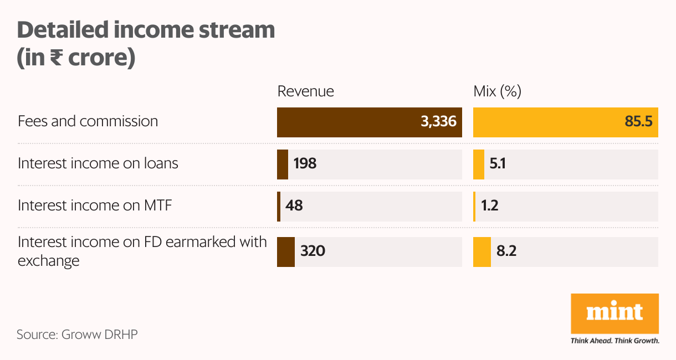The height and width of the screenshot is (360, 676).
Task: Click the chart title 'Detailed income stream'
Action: click(x=146, y=30)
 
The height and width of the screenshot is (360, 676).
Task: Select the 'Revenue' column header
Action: click(x=305, y=91)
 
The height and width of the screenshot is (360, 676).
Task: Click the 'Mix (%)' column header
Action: click(x=497, y=91)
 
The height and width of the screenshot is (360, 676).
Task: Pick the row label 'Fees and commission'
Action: click(x=88, y=121)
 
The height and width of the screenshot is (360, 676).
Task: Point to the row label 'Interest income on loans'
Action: click(x=98, y=163)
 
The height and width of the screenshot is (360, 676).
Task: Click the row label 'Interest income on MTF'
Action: click(x=95, y=205)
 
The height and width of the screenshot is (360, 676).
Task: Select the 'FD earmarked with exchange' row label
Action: click(x=142, y=251)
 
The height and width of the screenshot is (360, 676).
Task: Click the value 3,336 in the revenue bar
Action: click(x=438, y=122)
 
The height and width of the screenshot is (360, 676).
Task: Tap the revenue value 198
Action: click(x=305, y=164)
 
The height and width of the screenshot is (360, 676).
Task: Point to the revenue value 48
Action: click(x=294, y=206)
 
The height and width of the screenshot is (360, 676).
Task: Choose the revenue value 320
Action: click(x=313, y=251)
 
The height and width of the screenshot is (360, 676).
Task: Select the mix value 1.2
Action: click(x=490, y=206)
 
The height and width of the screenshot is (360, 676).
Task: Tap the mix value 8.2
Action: click(x=506, y=251)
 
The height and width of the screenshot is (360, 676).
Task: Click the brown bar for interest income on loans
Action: click(x=283, y=164)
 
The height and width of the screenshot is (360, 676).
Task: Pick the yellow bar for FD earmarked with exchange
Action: click(x=482, y=251)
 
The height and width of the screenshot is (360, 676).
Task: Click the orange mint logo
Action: click(x=614, y=313)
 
